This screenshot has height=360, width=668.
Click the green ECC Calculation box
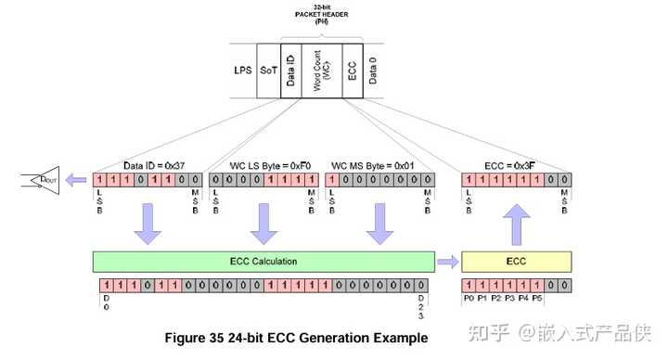pyautogui.click(x=263, y=262)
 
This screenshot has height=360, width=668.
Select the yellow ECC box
pyautogui.click(x=516, y=262)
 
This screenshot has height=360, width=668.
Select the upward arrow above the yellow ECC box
pyautogui.click(x=516, y=225)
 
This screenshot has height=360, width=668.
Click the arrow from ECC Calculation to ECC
pyautogui.click(x=447, y=262)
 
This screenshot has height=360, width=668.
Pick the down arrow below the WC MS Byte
pyautogui.click(x=379, y=226)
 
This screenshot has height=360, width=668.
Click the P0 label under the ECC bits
pyautogui.click(x=469, y=299)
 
